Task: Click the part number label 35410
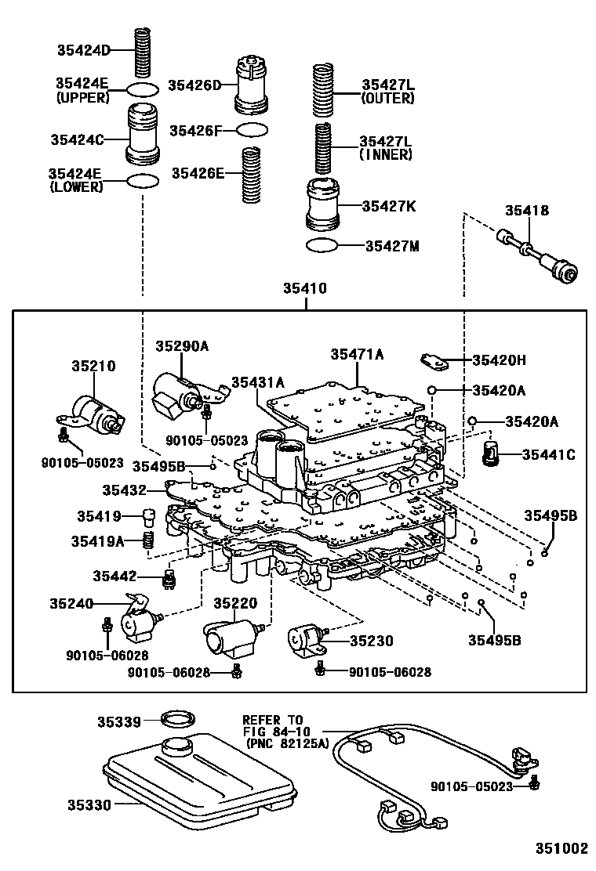click(305, 289)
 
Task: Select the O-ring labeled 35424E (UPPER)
click(142, 89)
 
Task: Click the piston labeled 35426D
click(252, 84)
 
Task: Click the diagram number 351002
click(561, 848)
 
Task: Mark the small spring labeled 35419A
click(147, 540)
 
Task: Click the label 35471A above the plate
click(357, 354)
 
